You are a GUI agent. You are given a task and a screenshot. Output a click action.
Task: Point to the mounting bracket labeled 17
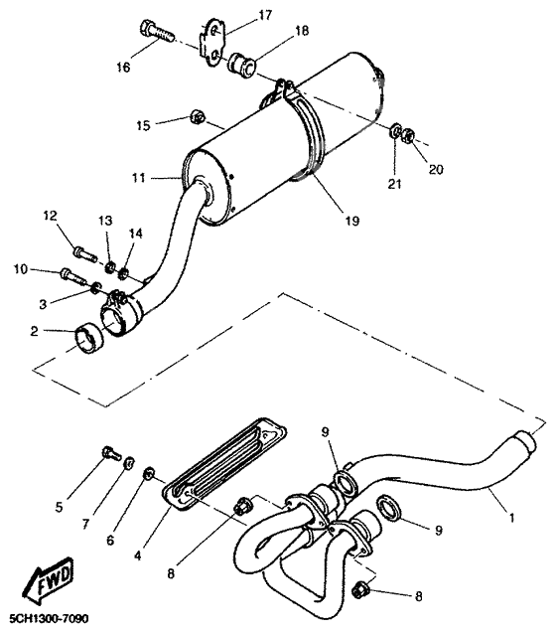(212, 39)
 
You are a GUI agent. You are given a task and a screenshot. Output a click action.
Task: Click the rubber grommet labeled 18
(241, 68)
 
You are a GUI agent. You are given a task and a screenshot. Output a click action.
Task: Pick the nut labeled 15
(197, 120)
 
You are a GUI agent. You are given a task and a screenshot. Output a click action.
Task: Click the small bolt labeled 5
(105, 456)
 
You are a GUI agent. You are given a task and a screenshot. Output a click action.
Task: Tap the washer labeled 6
(149, 473)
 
